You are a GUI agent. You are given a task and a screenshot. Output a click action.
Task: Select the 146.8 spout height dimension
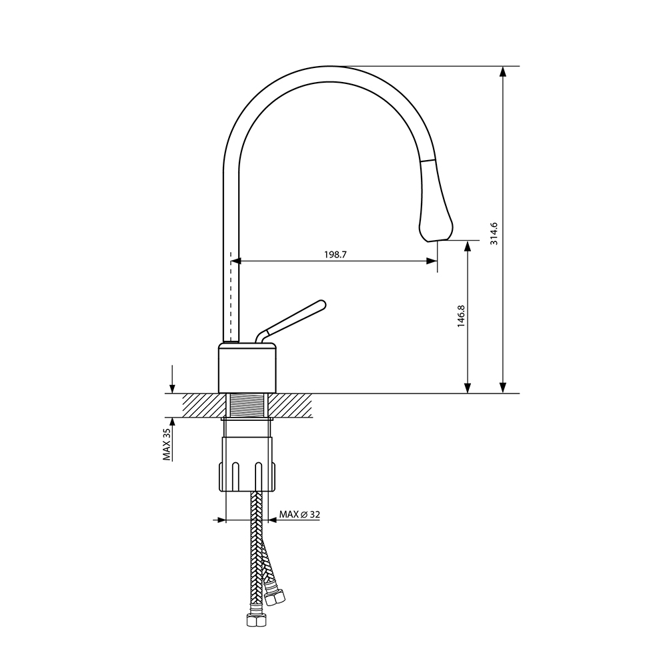point(461,316)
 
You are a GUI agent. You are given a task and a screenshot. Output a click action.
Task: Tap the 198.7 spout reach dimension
point(336,254)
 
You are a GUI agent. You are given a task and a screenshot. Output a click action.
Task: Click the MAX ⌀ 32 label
point(299,514)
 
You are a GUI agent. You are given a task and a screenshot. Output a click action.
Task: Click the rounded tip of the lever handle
point(321,304)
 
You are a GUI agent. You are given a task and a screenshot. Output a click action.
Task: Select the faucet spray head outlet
point(436,240)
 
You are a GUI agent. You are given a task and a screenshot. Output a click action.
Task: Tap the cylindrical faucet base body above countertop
point(247,368)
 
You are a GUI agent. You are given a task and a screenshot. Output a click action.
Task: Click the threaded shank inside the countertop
point(247,406)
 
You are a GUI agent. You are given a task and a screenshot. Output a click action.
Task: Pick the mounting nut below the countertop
point(247,464)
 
